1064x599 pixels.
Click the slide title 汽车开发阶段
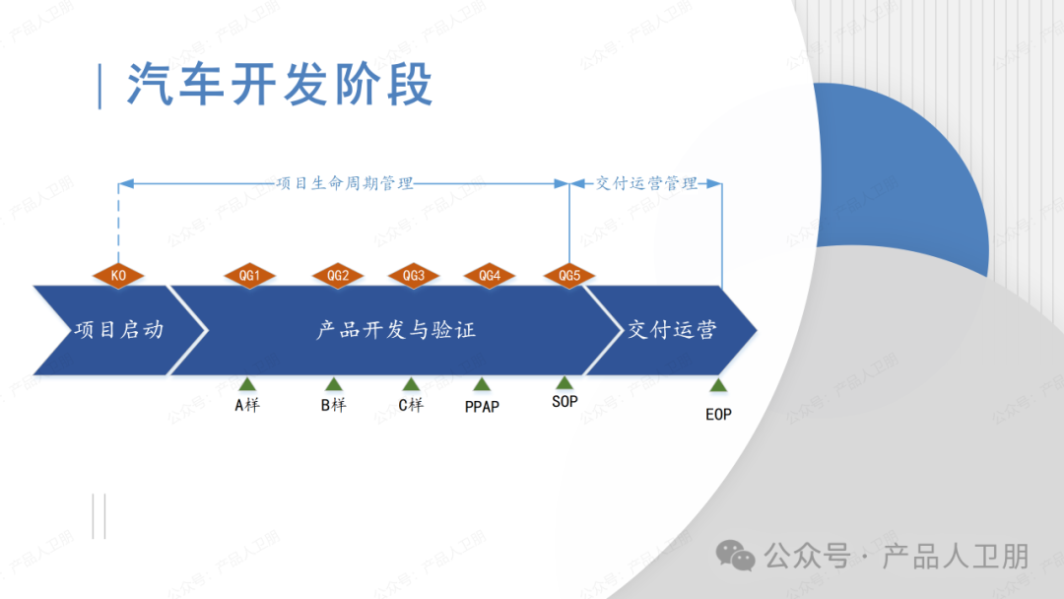tap(280, 85)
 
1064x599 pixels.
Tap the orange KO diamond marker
tap(118, 276)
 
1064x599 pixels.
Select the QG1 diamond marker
tap(249, 276)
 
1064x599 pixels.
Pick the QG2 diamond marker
tap(338, 276)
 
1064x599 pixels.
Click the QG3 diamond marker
tap(414, 276)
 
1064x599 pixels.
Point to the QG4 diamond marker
tap(490, 276)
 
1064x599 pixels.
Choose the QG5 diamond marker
tap(569, 276)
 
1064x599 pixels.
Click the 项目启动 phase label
tap(118, 330)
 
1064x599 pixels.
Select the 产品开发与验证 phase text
tap(396, 330)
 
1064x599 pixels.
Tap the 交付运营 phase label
tap(672, 330)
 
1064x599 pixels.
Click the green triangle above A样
tap(247, 384)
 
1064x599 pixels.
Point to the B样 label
tap(334, 404)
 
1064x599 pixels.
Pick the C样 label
tap(411, 404)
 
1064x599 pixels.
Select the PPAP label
tap(482, 406)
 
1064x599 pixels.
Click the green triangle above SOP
tap(565, 383)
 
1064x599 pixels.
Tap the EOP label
tap(718, 415)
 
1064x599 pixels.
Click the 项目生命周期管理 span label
tap(344, 183)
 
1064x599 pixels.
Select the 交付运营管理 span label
tap(646, 183)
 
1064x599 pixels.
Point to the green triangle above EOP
tap(718, 385)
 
